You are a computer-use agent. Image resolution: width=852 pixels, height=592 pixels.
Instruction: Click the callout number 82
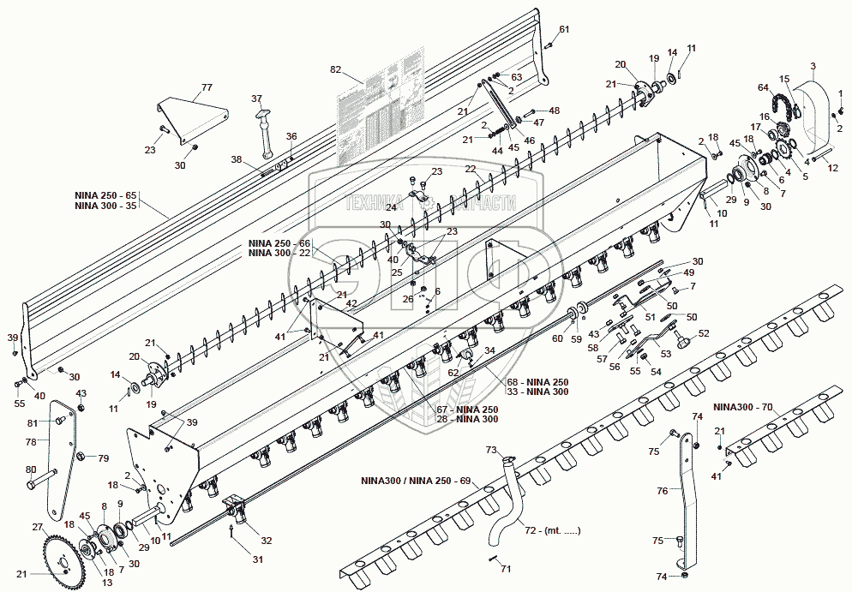[335, 69]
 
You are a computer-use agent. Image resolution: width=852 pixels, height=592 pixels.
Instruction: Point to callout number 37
[256, 99]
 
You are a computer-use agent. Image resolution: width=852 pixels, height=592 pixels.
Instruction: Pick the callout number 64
[763, 87]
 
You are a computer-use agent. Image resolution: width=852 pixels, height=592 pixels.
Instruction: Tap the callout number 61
[564, 30]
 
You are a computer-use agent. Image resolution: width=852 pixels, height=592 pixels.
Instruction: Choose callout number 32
[266, 541]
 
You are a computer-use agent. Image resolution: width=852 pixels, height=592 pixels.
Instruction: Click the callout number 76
[663, 491]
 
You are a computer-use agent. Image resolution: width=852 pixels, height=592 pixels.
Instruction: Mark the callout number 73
[491, 451]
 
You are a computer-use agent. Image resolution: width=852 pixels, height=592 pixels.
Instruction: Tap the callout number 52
[705, 333]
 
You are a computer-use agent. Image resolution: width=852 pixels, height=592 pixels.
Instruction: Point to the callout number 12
[832, 168]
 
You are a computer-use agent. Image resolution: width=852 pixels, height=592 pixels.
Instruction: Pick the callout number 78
[32, 442]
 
